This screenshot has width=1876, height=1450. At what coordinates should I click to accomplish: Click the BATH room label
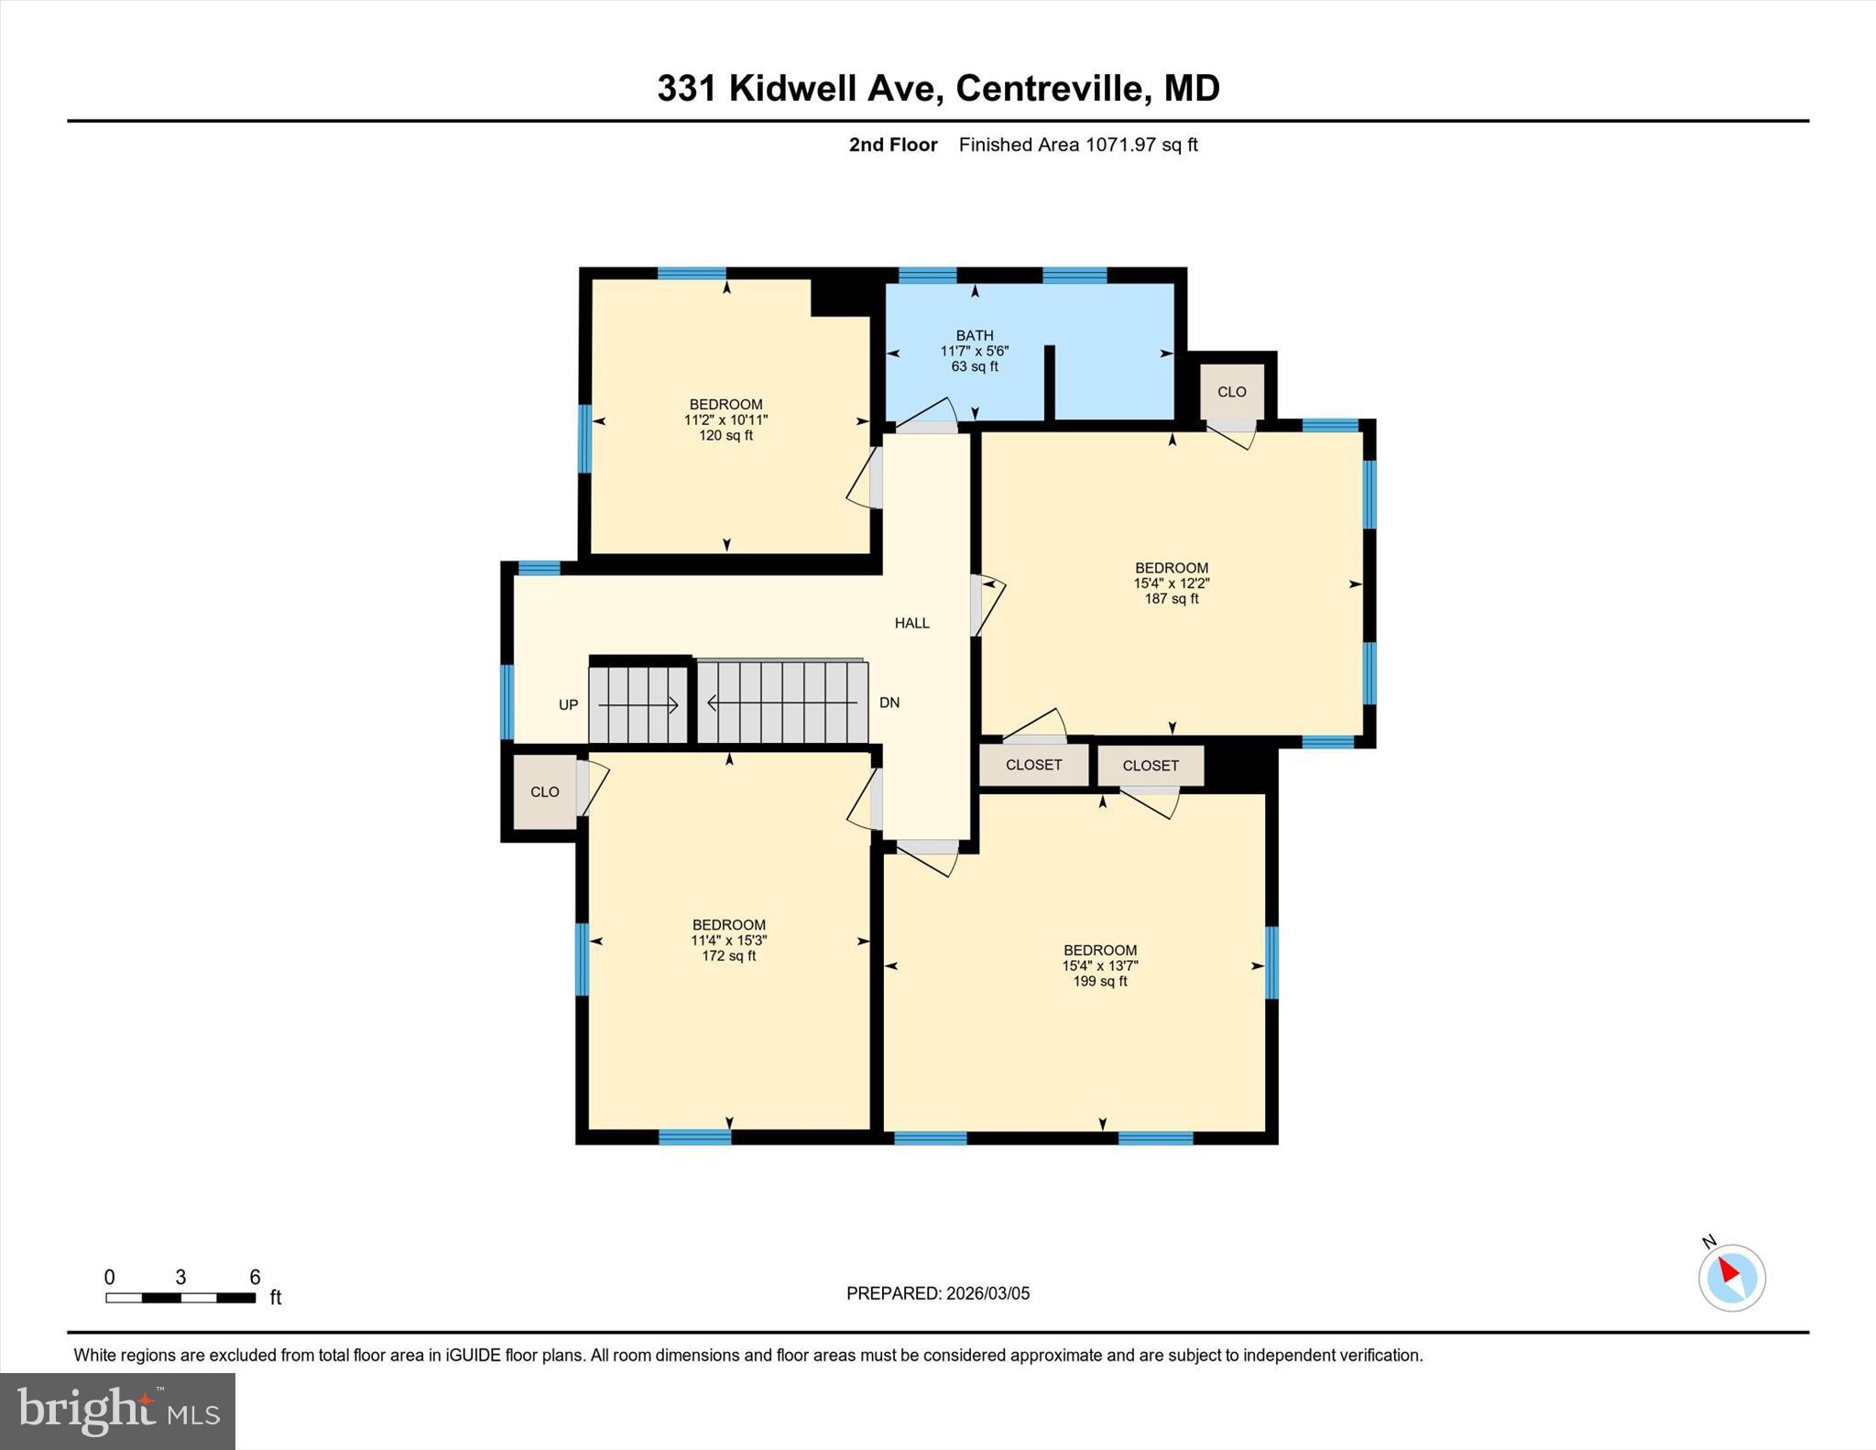974,336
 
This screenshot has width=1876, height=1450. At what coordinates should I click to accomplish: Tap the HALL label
911,623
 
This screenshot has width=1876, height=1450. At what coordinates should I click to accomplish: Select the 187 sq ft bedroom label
1172,583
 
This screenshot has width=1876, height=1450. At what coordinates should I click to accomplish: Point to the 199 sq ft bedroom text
1100,965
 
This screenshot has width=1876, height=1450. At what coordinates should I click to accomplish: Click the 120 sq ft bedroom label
725,420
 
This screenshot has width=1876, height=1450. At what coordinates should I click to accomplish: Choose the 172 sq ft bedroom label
728,941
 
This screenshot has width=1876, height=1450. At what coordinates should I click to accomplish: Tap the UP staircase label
568,704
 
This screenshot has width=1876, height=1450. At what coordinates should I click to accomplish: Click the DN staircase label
889,703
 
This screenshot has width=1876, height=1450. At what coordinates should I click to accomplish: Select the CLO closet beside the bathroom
1231,392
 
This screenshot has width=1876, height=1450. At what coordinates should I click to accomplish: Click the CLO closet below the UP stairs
544,791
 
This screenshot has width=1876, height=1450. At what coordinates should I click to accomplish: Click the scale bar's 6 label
255,1277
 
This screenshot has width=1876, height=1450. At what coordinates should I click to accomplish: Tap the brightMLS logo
117,1411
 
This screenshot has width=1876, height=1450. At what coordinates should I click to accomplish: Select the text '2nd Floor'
893,145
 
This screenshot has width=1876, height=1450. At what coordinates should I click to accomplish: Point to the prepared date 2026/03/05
987,1293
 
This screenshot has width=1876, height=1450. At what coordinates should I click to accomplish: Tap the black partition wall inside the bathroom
1050,383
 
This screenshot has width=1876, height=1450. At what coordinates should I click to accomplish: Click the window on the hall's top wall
539,568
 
